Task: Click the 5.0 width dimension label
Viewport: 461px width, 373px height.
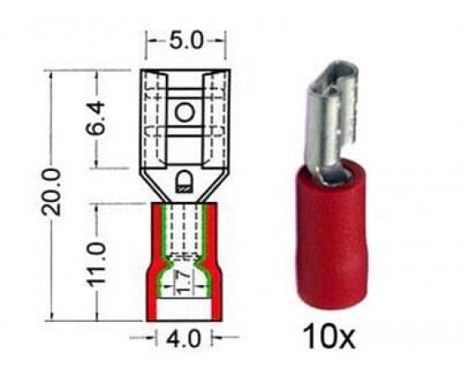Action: (186, 40)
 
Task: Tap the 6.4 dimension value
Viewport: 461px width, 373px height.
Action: (96, 117)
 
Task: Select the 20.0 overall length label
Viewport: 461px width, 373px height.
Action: (51, 192)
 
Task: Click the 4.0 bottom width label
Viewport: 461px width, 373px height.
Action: (184, 338)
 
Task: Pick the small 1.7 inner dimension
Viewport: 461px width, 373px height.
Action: (183, 282)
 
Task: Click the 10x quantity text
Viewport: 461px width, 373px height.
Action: (329, 336)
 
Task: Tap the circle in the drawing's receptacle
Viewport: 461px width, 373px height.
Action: (185, 112)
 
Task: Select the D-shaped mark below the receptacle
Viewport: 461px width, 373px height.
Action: (184, 181)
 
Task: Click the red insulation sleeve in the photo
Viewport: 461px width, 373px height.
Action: (329, 236)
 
